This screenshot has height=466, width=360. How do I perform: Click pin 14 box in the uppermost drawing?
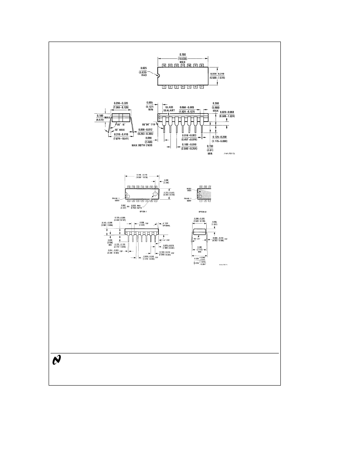click(x=164, y=65)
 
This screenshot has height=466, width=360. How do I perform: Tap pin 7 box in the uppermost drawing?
click(x=202, y=87)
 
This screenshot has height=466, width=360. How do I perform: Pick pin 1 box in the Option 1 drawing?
click(x=128, y=200)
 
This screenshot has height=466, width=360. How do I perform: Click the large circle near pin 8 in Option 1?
click(x=155, y=194)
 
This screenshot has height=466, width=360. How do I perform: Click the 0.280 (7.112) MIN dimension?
click(x=200, y=249)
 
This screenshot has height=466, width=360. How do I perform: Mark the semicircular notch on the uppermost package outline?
click(x=159, y=76)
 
